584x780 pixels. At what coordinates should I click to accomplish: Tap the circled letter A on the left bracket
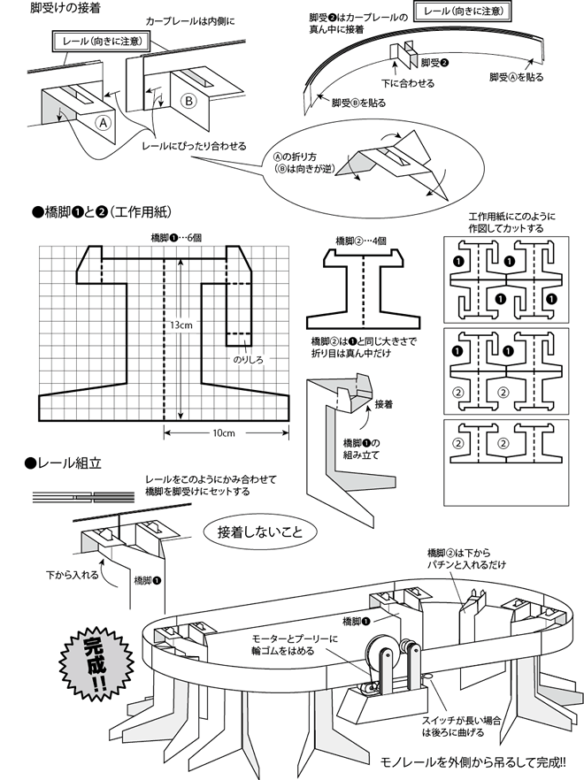(104, 124)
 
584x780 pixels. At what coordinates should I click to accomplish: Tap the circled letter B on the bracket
(188, 101)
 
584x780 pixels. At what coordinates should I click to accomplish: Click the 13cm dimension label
(182, 325)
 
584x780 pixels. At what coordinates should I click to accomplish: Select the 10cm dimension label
(223, 432)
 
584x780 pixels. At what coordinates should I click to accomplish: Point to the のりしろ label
(248, 360)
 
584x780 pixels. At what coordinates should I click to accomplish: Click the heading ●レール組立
(66, 463)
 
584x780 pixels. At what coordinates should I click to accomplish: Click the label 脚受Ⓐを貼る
(516, 77)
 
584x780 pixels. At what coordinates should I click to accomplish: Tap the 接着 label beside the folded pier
(384, 404)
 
